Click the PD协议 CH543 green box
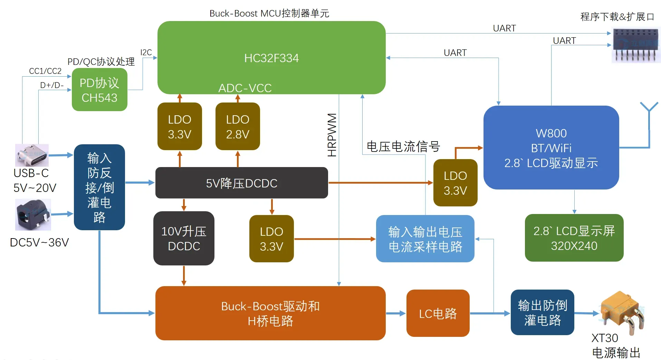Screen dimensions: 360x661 click(99, 90)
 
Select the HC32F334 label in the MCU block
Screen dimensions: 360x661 click(271, 58)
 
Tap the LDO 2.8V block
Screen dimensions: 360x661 click(238, 126)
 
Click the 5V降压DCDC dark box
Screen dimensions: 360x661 click(241, 183)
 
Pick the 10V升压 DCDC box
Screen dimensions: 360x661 click(184, 239)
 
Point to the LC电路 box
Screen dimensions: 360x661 click(438, 313)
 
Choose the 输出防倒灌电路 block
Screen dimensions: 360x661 click(542, 313)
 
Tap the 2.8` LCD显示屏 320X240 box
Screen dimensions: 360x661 click(574, 238)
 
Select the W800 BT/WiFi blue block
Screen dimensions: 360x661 click(551, 148)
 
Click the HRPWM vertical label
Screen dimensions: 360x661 click(332, 135)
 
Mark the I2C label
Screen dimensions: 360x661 click(146, 52)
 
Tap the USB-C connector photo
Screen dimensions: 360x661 click(32, 155)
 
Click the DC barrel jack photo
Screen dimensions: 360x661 click(33, 214)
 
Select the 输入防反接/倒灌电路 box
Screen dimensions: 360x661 click(99, 187)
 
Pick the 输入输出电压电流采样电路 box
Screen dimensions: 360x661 click(425, 239)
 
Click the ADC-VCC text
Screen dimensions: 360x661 click(245, 88)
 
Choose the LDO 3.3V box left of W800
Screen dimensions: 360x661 click(455, 183)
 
